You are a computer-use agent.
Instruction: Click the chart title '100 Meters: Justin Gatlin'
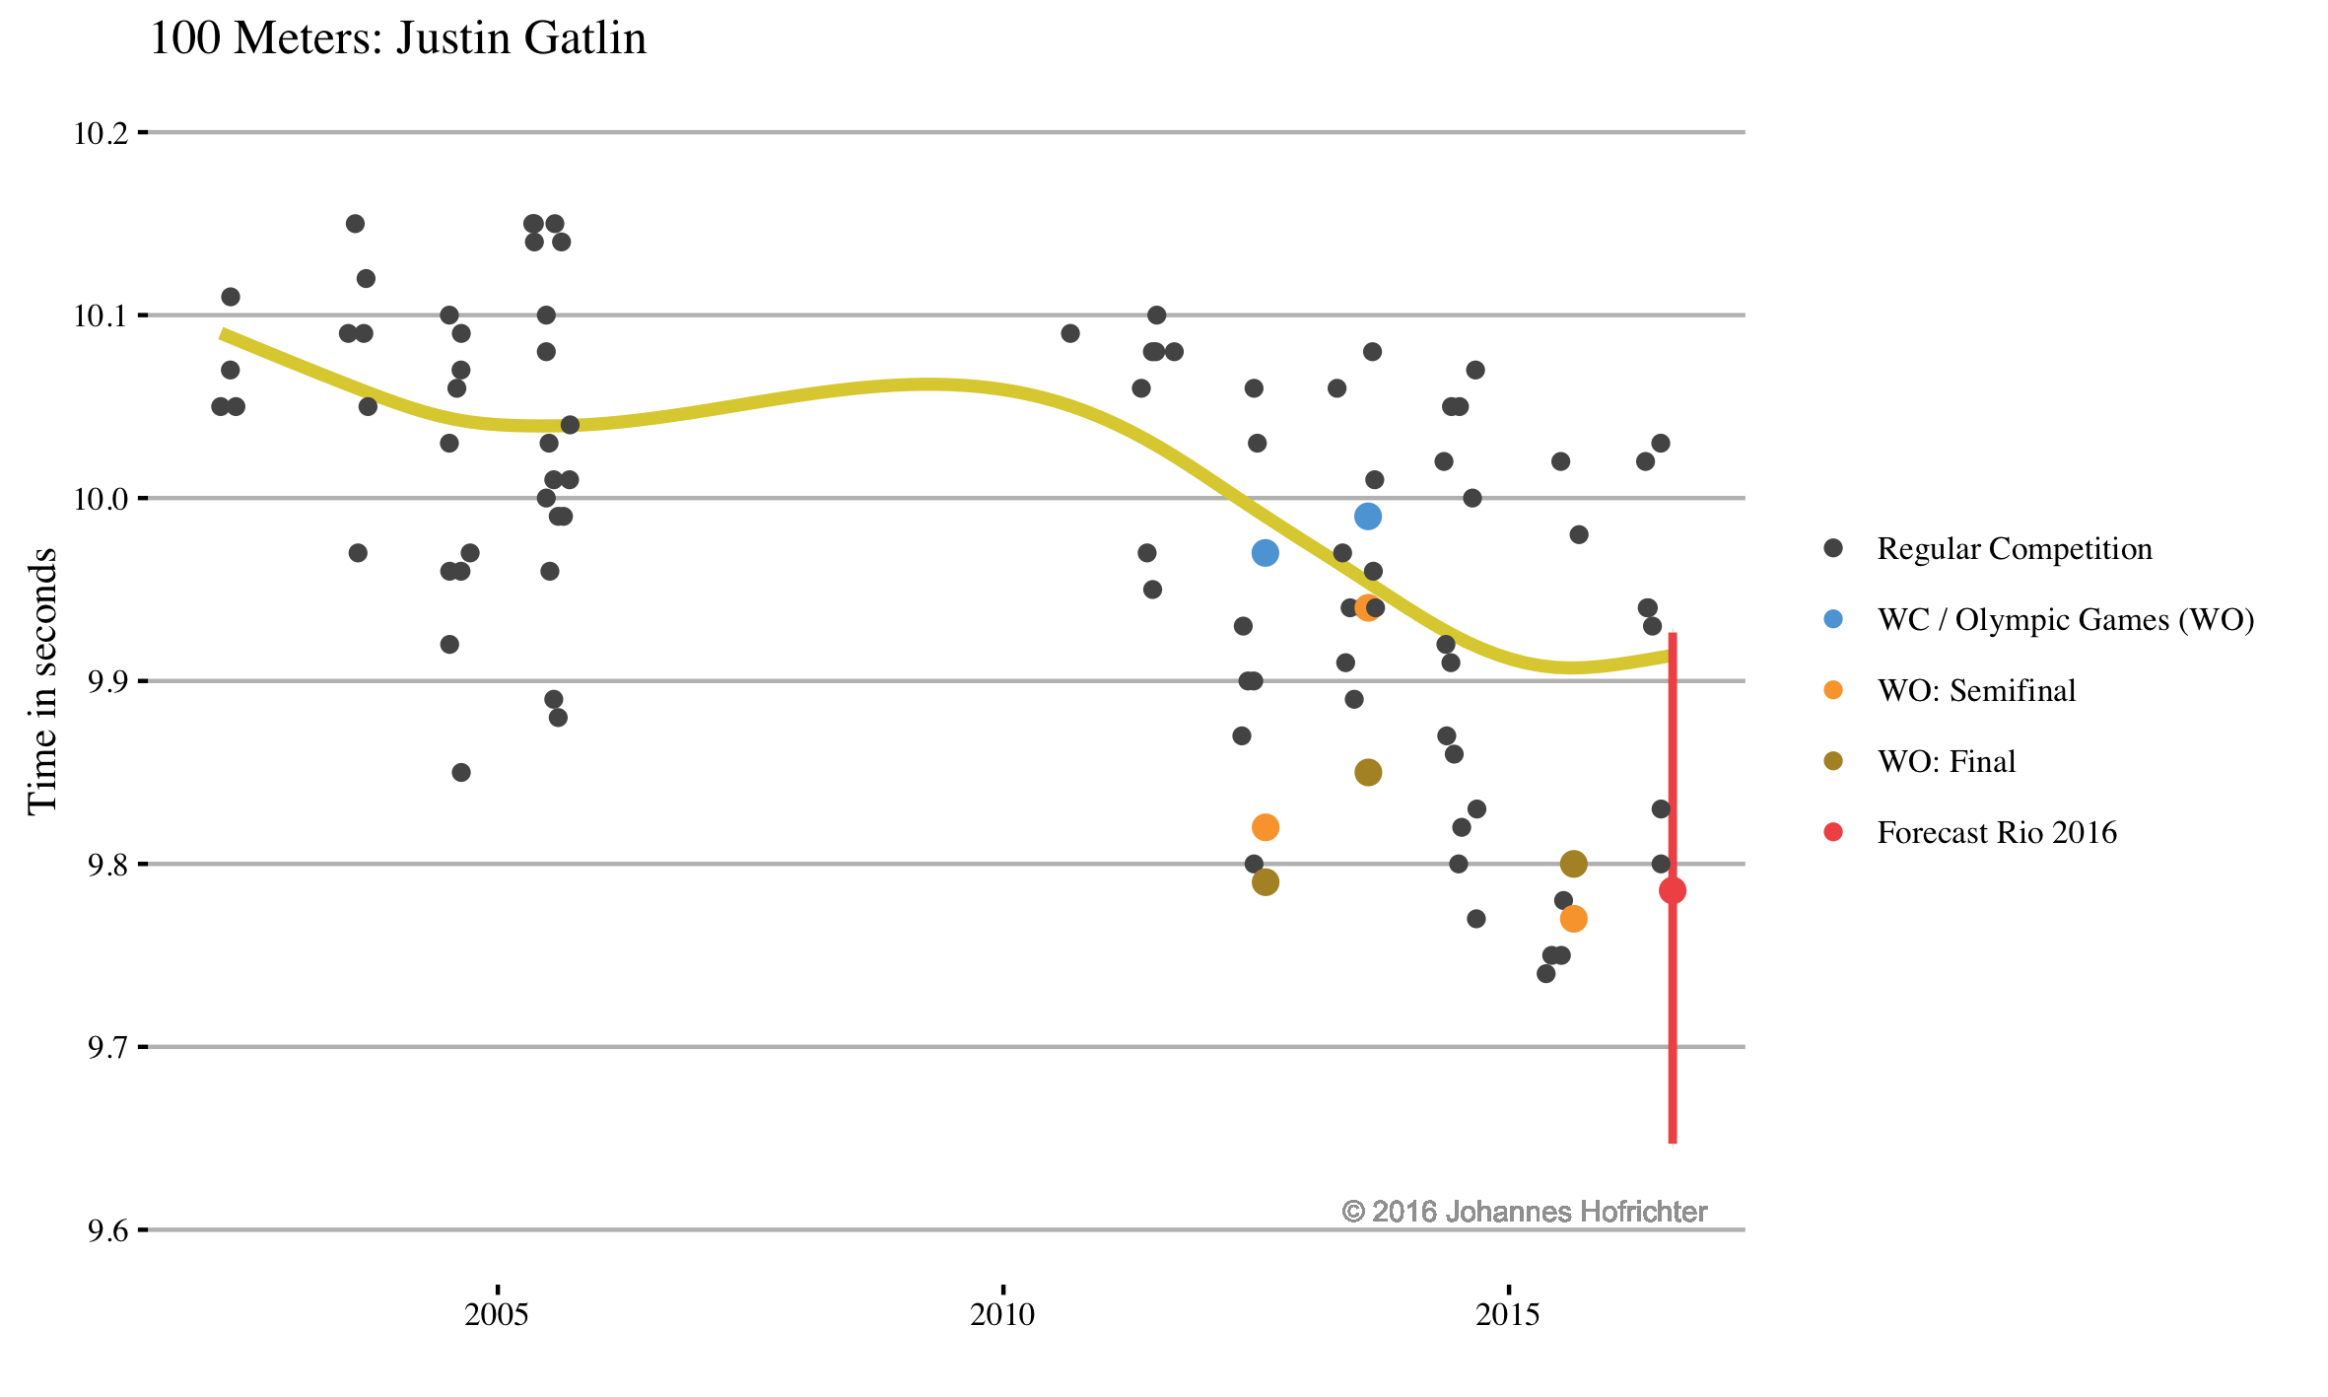pyautogui.click(x=397, y=39)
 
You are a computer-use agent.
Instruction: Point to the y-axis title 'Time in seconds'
pyautogui.click(x=42, y=680)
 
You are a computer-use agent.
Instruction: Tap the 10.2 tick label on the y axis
pyautogui.click(x=101, y=133)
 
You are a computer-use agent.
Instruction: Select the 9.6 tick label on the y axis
pyautogui.click(x=107, y=1231)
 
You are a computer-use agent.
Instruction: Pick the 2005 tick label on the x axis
pyautogui.click(x=497, y=1314)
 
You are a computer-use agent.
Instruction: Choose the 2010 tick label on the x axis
pyautogui.click(x=1002, y=1314)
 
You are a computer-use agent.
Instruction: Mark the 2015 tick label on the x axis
pyautogui.click(x=1508, y=1314)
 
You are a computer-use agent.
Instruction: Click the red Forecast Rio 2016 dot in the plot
pyautogui.click(x=1673, y=891)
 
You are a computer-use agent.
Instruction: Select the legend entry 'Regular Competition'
pyautogui.click(x=2014, y=549)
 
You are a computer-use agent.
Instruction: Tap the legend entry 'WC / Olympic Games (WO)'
pyautogui.click(x=2065, y=620)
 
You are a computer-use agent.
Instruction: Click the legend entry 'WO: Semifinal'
pyautogui.click(x=1975, y=691)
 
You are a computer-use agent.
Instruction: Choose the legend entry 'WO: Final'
pyautogui.click(x=1946, y=762)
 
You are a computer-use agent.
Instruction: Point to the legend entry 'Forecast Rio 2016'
pyautogui.click(x=1996, y=833)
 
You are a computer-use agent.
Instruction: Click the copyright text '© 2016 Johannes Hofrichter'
pyautogui.click(x=1524, y=1212)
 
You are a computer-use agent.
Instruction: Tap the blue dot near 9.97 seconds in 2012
pyautogui.click(x=1266, y=553)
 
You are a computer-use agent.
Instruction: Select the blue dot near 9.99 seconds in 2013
pyautogui.click(x=1368, y=517)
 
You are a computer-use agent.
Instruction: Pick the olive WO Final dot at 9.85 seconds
pyautogui.click(x=1368, y=773)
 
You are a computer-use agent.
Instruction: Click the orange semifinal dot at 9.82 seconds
pyautogui.click(x=1266, y=827)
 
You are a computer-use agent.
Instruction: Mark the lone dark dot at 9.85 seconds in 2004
pyautogui.click(x=461, y=773)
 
